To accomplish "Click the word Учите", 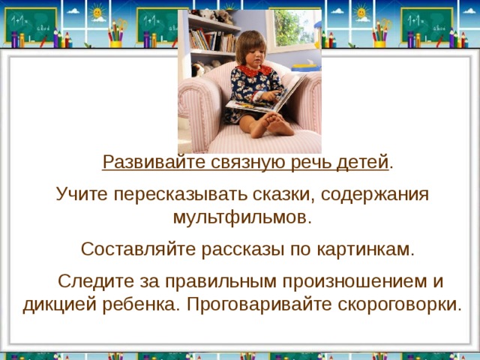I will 79,194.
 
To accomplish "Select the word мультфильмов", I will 241,219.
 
